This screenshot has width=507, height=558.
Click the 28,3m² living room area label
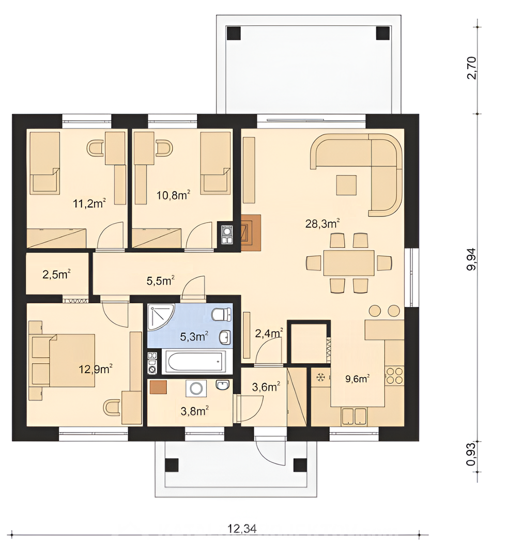point(322,224)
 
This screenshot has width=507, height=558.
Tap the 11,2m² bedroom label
point(89,204)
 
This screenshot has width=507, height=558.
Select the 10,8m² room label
point(173,195)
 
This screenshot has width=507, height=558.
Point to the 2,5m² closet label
point(56,274)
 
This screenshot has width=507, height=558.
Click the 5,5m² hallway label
point(161,281)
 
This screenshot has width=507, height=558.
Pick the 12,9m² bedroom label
point(96,369)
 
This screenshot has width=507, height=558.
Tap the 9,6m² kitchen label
point(357,379)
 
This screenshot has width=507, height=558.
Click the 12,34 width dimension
point(242,529)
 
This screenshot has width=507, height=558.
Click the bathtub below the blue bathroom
point(194,362)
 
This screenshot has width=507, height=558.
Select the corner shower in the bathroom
point(160,317)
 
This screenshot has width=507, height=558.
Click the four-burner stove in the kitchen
point(394,376)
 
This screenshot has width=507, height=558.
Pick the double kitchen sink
point(354,416)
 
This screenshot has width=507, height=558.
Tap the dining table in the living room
point(348,263)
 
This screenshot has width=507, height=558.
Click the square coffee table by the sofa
point(346,185)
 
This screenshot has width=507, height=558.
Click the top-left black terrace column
point(234,34)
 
